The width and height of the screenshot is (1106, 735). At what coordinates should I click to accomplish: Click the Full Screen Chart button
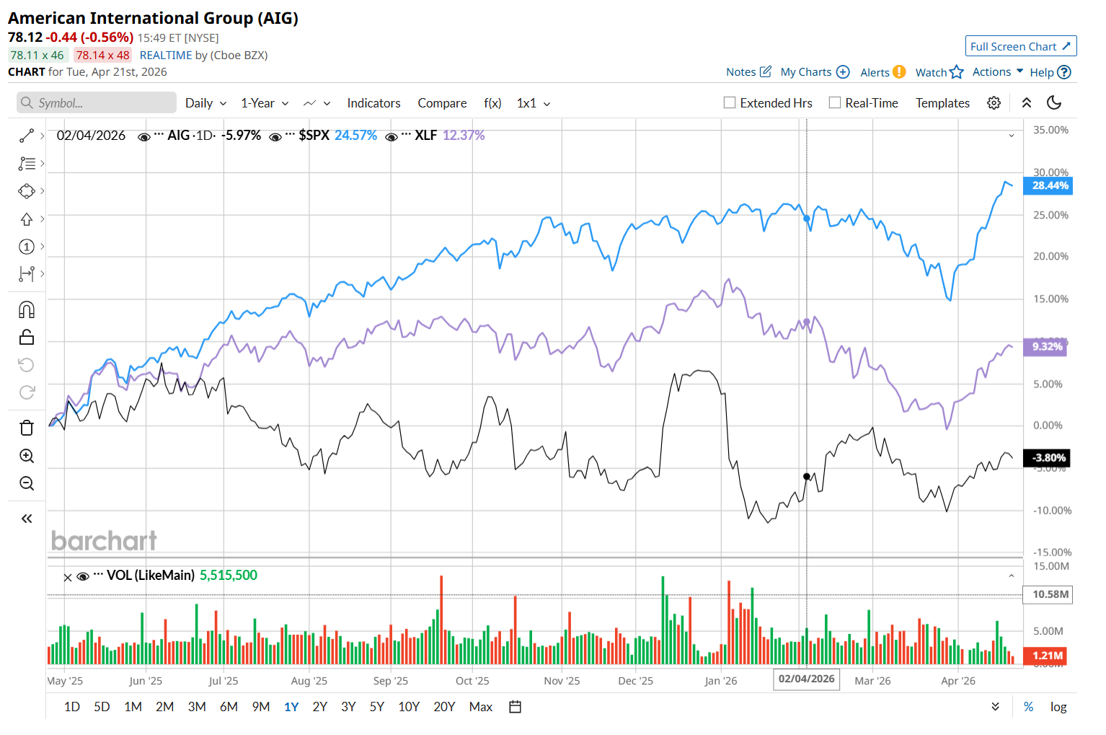1020,46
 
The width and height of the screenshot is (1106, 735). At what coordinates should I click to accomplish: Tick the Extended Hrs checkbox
730,103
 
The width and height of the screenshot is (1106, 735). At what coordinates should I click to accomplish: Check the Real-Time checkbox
835,103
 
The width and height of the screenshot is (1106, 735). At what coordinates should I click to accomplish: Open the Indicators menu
373,103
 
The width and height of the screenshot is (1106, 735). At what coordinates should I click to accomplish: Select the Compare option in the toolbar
442,103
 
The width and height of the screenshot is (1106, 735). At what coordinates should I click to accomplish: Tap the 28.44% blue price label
1050,185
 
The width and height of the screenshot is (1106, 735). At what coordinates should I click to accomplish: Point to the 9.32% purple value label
1047,347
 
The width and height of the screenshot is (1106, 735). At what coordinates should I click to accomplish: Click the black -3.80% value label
1048,458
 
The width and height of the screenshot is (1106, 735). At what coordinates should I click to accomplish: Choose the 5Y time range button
376,707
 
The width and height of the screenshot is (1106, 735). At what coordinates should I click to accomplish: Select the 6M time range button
229,707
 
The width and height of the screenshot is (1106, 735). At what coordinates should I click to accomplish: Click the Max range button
480,707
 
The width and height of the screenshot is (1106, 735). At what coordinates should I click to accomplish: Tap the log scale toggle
1058,707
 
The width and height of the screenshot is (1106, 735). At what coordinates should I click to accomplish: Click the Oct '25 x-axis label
472,681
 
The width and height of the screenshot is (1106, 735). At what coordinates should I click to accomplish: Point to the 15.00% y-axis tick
1050,299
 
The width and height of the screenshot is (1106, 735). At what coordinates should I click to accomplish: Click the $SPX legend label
314,136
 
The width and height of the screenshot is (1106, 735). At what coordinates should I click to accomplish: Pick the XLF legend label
425,136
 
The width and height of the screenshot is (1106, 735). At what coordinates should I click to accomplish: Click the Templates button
942,103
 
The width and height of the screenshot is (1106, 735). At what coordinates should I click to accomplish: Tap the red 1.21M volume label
1047,656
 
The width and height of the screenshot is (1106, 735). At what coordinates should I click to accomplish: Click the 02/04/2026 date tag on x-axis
806,679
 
